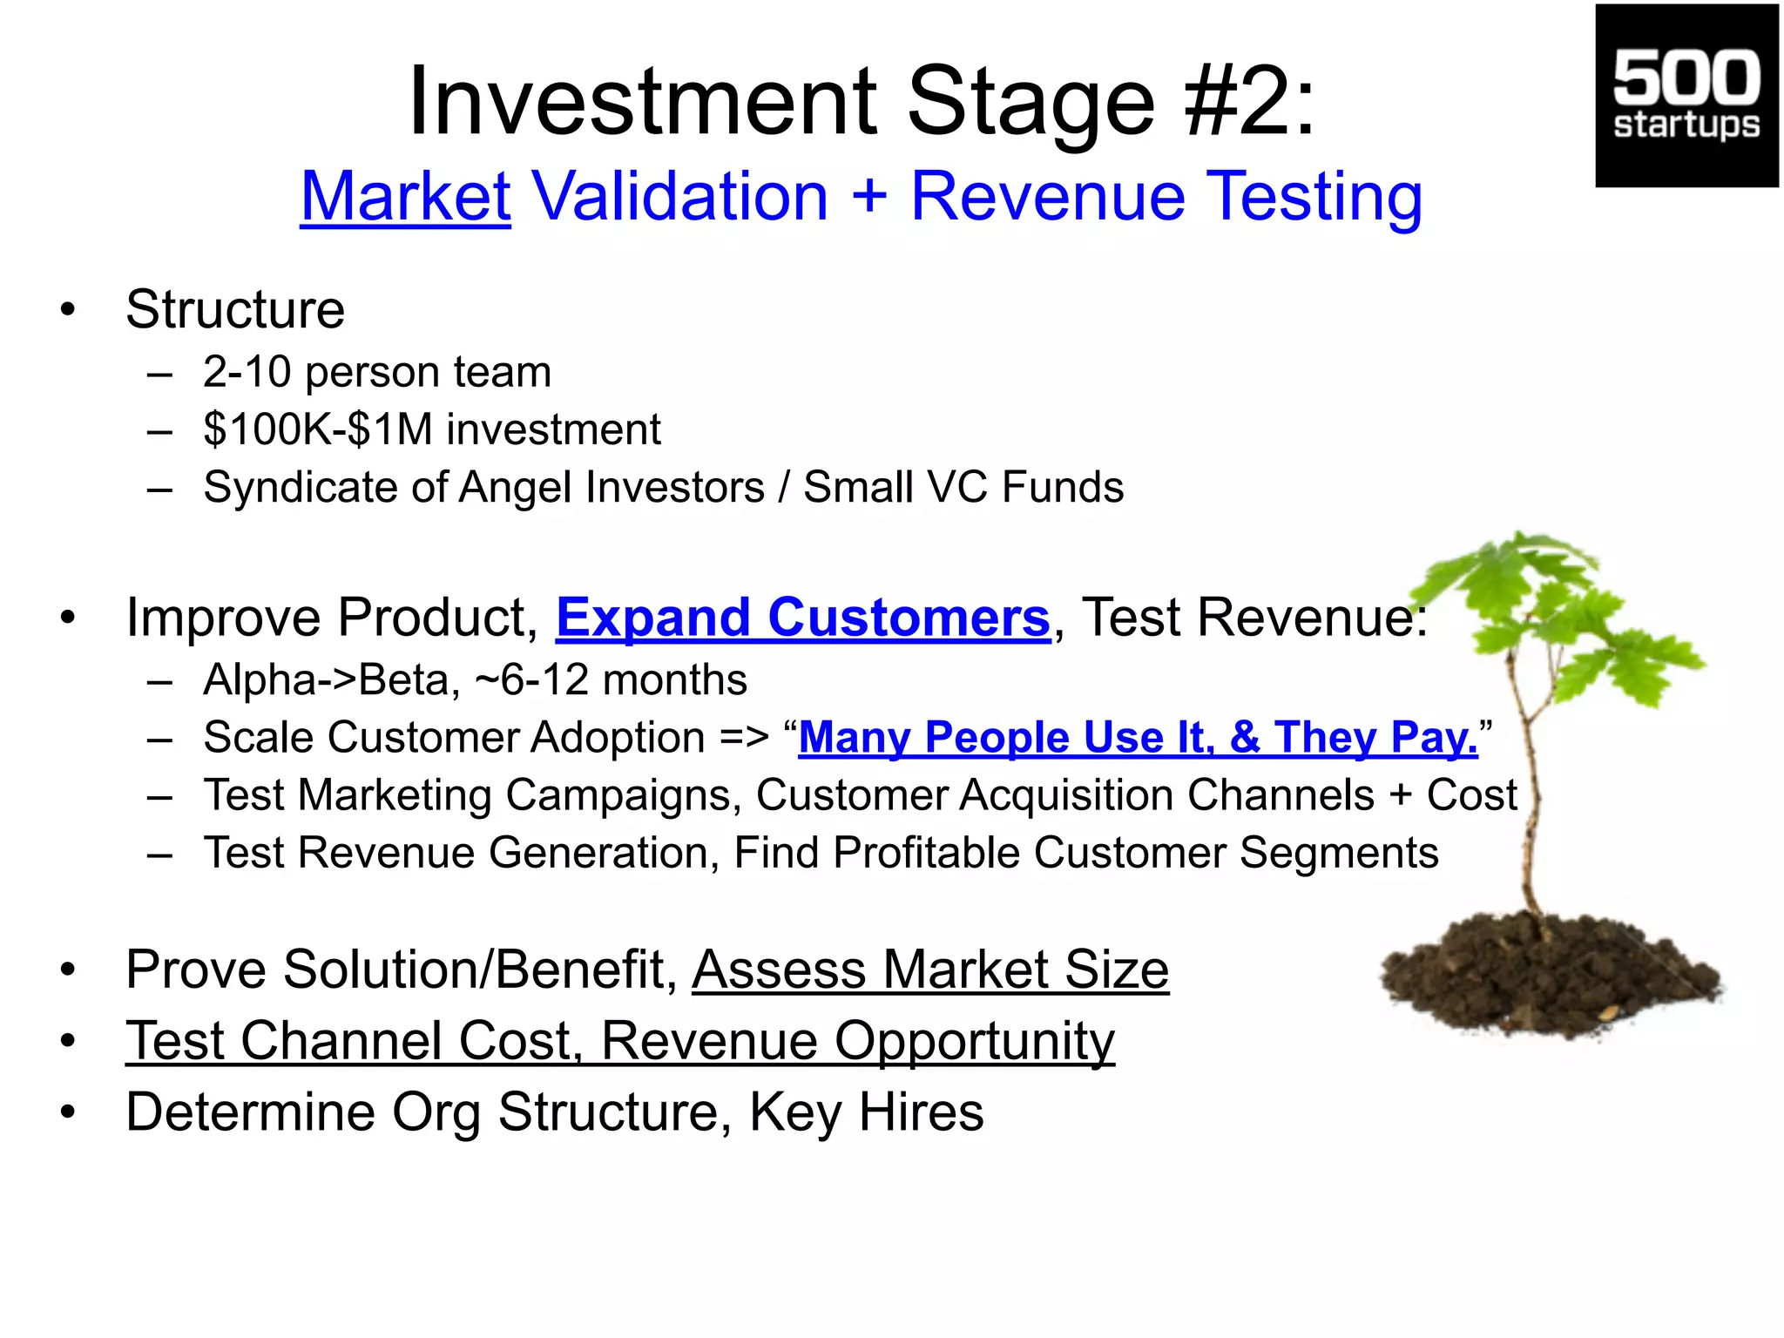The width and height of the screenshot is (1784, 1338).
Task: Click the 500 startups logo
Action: [1686, 96]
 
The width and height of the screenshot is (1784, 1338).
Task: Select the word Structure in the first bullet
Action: [235, 309]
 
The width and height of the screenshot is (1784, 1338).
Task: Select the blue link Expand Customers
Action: [802, 618]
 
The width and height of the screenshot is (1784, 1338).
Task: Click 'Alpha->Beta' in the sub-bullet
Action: [331, 679]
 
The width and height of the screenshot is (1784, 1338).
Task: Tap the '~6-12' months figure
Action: [530, 679]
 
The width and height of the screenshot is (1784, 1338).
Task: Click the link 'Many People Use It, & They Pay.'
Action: [1138, 738]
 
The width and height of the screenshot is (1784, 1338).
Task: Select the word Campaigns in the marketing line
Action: [623, 795]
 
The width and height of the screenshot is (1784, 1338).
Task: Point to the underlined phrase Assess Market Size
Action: [929, 970]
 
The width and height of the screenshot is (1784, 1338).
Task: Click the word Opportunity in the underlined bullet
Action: [974, 1042]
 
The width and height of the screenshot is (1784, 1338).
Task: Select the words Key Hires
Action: [866, 1112]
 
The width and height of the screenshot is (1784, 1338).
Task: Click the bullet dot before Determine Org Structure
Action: [69, 1112]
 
